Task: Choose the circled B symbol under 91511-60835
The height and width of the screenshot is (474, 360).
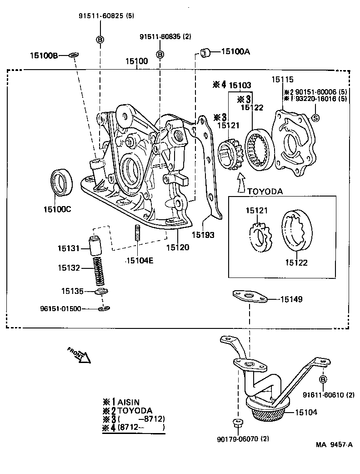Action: (160, 54)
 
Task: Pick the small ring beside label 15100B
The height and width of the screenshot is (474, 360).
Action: (74, 55)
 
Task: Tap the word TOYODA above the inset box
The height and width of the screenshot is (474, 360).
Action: (265, 192)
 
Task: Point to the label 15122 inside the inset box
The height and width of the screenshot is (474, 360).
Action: (296, 262)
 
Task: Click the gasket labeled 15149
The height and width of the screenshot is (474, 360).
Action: (249, 297)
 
